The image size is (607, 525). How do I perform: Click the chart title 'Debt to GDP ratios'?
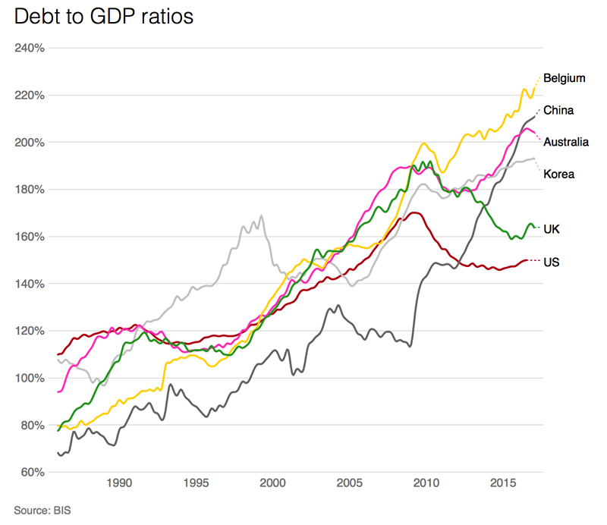[105, 17]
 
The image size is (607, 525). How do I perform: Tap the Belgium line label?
[564, 77]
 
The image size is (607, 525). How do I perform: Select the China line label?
[558, 110]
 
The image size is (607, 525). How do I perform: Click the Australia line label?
[566, 142]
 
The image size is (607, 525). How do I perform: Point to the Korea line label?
[558, 174]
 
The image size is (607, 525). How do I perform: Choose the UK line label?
[552, 228]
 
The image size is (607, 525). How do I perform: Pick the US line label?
[552, 262]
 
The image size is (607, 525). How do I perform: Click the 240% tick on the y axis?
[30, 48]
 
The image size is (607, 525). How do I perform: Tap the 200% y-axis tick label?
[30, 143]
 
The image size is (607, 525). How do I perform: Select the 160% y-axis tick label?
[30, 237]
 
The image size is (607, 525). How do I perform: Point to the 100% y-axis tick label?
[30, 378]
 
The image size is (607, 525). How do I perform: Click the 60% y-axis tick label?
[32, 473]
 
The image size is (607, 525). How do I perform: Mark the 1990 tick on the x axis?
[118, 484]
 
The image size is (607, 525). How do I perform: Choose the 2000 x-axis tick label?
[272, 484]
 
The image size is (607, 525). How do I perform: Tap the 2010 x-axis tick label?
[426, 484]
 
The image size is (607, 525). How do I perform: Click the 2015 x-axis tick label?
[504, 484]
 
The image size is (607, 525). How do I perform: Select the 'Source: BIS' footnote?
[42, 509]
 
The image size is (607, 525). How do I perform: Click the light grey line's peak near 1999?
[262, 216]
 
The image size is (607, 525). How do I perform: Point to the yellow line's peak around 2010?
[424, 143]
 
